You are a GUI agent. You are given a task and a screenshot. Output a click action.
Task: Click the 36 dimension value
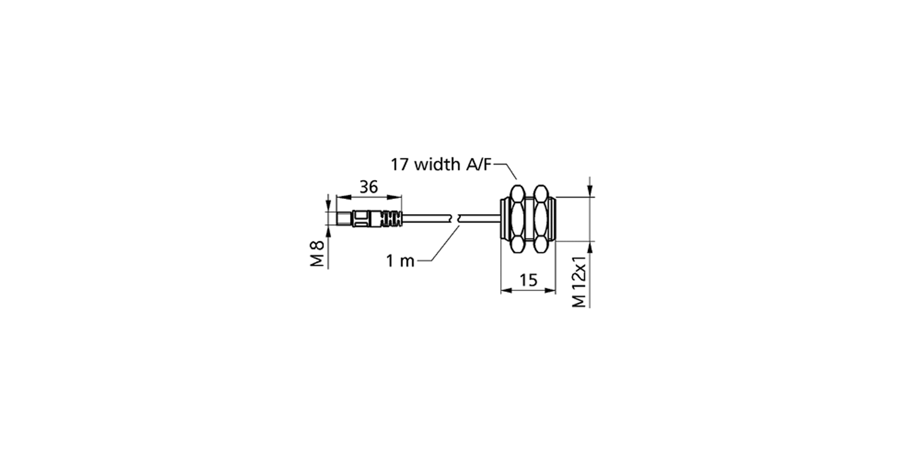(x=368, y=187)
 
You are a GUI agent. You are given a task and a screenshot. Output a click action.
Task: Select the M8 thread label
(x=318, y=254)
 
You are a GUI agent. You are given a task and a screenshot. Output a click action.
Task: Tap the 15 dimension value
(x=529, y=280)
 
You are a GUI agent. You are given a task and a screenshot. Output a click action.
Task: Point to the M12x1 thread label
(x=579, y=281)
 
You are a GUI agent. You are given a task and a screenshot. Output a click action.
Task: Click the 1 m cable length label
(x=401, y=261)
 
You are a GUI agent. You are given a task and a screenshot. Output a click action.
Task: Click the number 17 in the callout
(x=399, y=165)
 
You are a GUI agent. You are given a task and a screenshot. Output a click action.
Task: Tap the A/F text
(x=479, y=165)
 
